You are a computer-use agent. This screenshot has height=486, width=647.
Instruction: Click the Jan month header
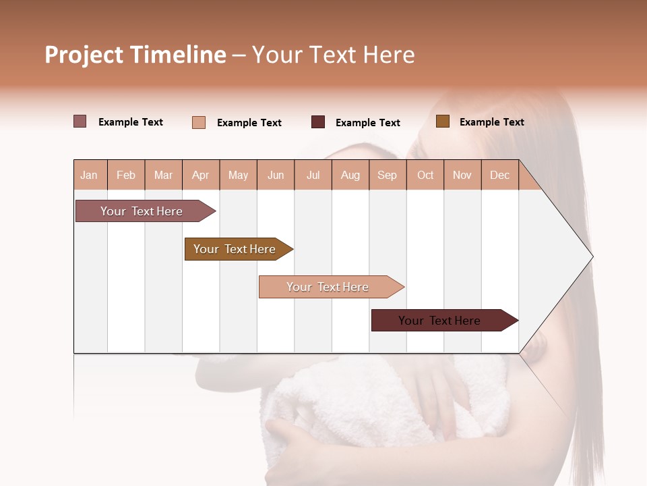90,175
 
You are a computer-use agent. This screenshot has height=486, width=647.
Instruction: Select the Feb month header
126,175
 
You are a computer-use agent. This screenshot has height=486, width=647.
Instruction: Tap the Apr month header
200,175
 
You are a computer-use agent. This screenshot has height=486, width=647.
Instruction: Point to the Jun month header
276,175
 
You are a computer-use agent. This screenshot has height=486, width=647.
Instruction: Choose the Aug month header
350,175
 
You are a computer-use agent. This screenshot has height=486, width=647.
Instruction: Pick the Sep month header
387,175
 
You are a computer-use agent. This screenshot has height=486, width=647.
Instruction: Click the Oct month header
425,175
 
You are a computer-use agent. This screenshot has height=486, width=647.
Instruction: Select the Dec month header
499,175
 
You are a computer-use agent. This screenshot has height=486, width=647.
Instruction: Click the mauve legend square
80,122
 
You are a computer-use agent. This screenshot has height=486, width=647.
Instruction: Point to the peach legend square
199,122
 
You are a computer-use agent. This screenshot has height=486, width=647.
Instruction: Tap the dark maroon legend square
318,122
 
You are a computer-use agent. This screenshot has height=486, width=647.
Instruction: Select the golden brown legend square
442,122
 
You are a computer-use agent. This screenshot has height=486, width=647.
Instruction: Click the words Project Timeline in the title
135,55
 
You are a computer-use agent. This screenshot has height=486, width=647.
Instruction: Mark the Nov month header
462,175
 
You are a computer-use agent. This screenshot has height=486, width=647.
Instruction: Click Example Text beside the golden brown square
491,122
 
